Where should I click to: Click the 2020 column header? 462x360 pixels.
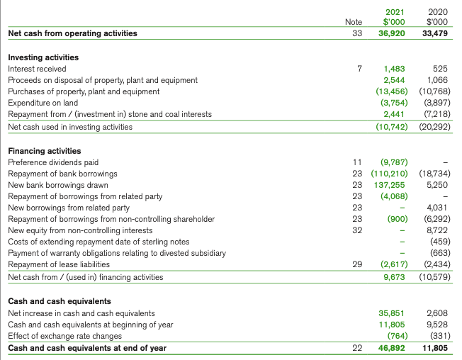click(437, 11)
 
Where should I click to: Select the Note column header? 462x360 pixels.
click(353, 23)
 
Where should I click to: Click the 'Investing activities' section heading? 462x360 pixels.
click(43, 57)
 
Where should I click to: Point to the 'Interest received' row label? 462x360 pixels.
click(37, 69)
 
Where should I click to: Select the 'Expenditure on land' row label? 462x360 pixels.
click(43, 103)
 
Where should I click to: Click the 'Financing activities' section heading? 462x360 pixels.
click(44, 151)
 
